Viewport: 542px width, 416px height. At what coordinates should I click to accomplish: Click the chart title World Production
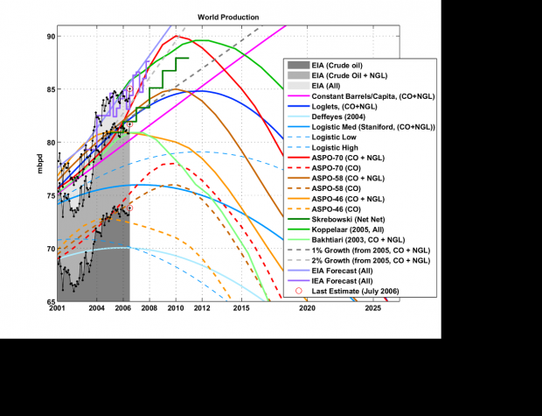227,17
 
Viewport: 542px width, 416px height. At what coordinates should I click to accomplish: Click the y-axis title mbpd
39,164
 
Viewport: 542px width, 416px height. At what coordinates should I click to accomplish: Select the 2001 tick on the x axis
57,309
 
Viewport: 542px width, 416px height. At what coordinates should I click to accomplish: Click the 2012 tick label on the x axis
202,309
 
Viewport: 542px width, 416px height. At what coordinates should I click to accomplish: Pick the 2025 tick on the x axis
372,309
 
